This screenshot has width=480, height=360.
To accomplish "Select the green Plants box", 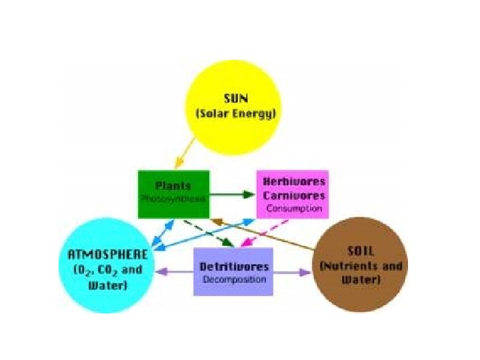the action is click(173, 194).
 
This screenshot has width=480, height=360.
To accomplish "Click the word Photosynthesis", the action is click(173, 199).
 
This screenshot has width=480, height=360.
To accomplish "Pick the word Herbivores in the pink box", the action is click(294, 182).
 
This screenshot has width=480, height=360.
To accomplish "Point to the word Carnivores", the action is click(294, 195).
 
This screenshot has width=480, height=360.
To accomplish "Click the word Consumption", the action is click(294, 209).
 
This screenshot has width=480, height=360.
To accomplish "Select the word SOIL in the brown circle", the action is click(361, 251).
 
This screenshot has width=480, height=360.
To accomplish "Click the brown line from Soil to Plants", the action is click(267, 234).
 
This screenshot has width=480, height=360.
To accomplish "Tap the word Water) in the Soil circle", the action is click(361, 279).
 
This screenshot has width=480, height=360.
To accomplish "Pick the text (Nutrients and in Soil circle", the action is click(361, 266).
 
